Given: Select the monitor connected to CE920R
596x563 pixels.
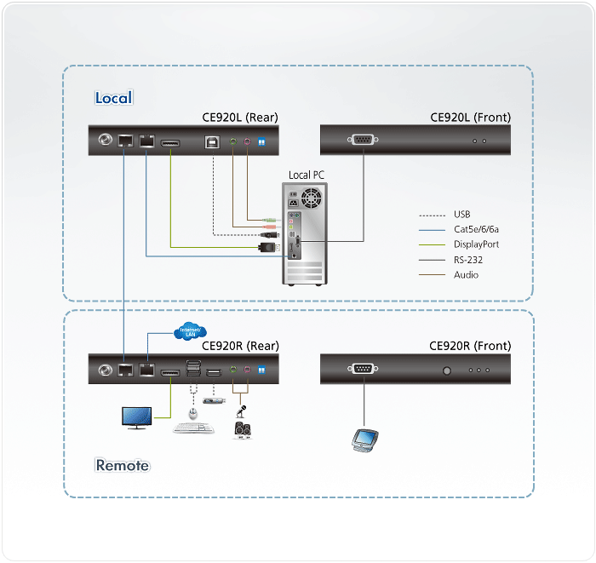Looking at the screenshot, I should tap(136, 418).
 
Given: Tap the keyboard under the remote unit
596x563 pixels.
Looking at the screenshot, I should tap(193, 428).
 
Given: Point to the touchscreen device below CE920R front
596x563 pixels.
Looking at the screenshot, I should tap(365, 439).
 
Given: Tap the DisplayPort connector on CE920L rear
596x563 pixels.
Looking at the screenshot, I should tap(169, 142).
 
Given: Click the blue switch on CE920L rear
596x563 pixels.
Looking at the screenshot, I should tap(261, 142).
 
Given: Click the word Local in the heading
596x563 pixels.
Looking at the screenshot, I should tap(113, 98).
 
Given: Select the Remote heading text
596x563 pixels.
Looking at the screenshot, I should tap(122, 465).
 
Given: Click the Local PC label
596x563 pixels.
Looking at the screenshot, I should tap(306, 175).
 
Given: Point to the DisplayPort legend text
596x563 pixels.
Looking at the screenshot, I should tap(476, 244).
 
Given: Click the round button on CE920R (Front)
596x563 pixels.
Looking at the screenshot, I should tap(445, 371).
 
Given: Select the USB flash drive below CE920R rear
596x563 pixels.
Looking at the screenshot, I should tap(214, 401).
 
